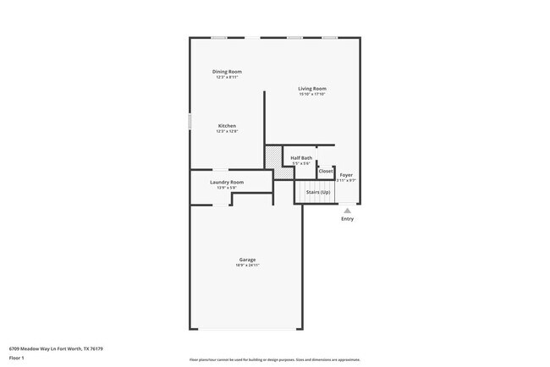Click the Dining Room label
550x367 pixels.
click(x=227, y=72)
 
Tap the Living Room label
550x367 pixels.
click(x=312, y=89)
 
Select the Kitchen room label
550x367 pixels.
click(x=227, y=126)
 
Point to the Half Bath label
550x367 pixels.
click(x=301, y=158)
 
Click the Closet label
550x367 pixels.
click(x=326, y=172)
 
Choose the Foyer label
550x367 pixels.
click(x=346, y=175)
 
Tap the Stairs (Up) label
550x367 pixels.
click(x=318, y=192)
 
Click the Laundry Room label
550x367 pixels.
click(x=227, y=182)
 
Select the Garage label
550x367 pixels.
click(x=247, y=260)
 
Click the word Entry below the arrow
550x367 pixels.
click(x=347, y=219)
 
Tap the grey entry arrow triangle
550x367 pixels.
click(x=347, y=211)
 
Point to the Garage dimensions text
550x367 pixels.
click(x=247, y=266)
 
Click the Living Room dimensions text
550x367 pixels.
click(x=312, y=94)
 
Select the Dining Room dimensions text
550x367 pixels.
click(x=227, y=77)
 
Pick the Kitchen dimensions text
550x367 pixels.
click(x=227, y=131)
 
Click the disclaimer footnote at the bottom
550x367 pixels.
click(x=274, y=359)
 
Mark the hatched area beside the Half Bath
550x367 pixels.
click(x=274, y=157)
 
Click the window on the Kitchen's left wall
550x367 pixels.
click(x=190, y=123)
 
